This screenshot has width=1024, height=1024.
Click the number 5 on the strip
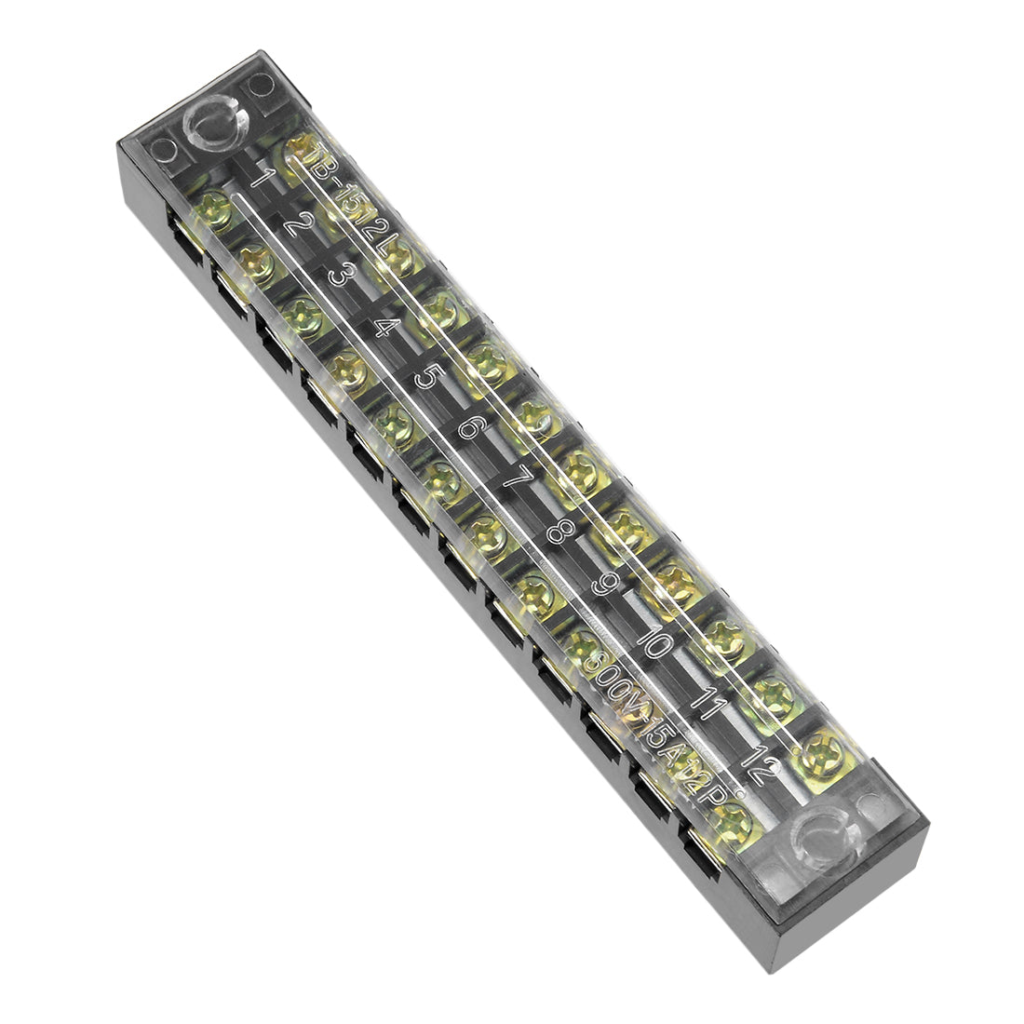point(427,377)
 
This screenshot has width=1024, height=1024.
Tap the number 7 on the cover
point(515,482)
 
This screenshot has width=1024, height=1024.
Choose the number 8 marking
point(558,533)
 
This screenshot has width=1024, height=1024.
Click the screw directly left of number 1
point(213,205)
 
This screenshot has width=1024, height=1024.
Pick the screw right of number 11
point(772,694)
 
